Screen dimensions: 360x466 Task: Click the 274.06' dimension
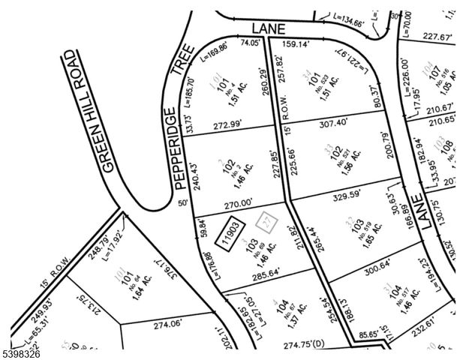[x=168, y=325]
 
